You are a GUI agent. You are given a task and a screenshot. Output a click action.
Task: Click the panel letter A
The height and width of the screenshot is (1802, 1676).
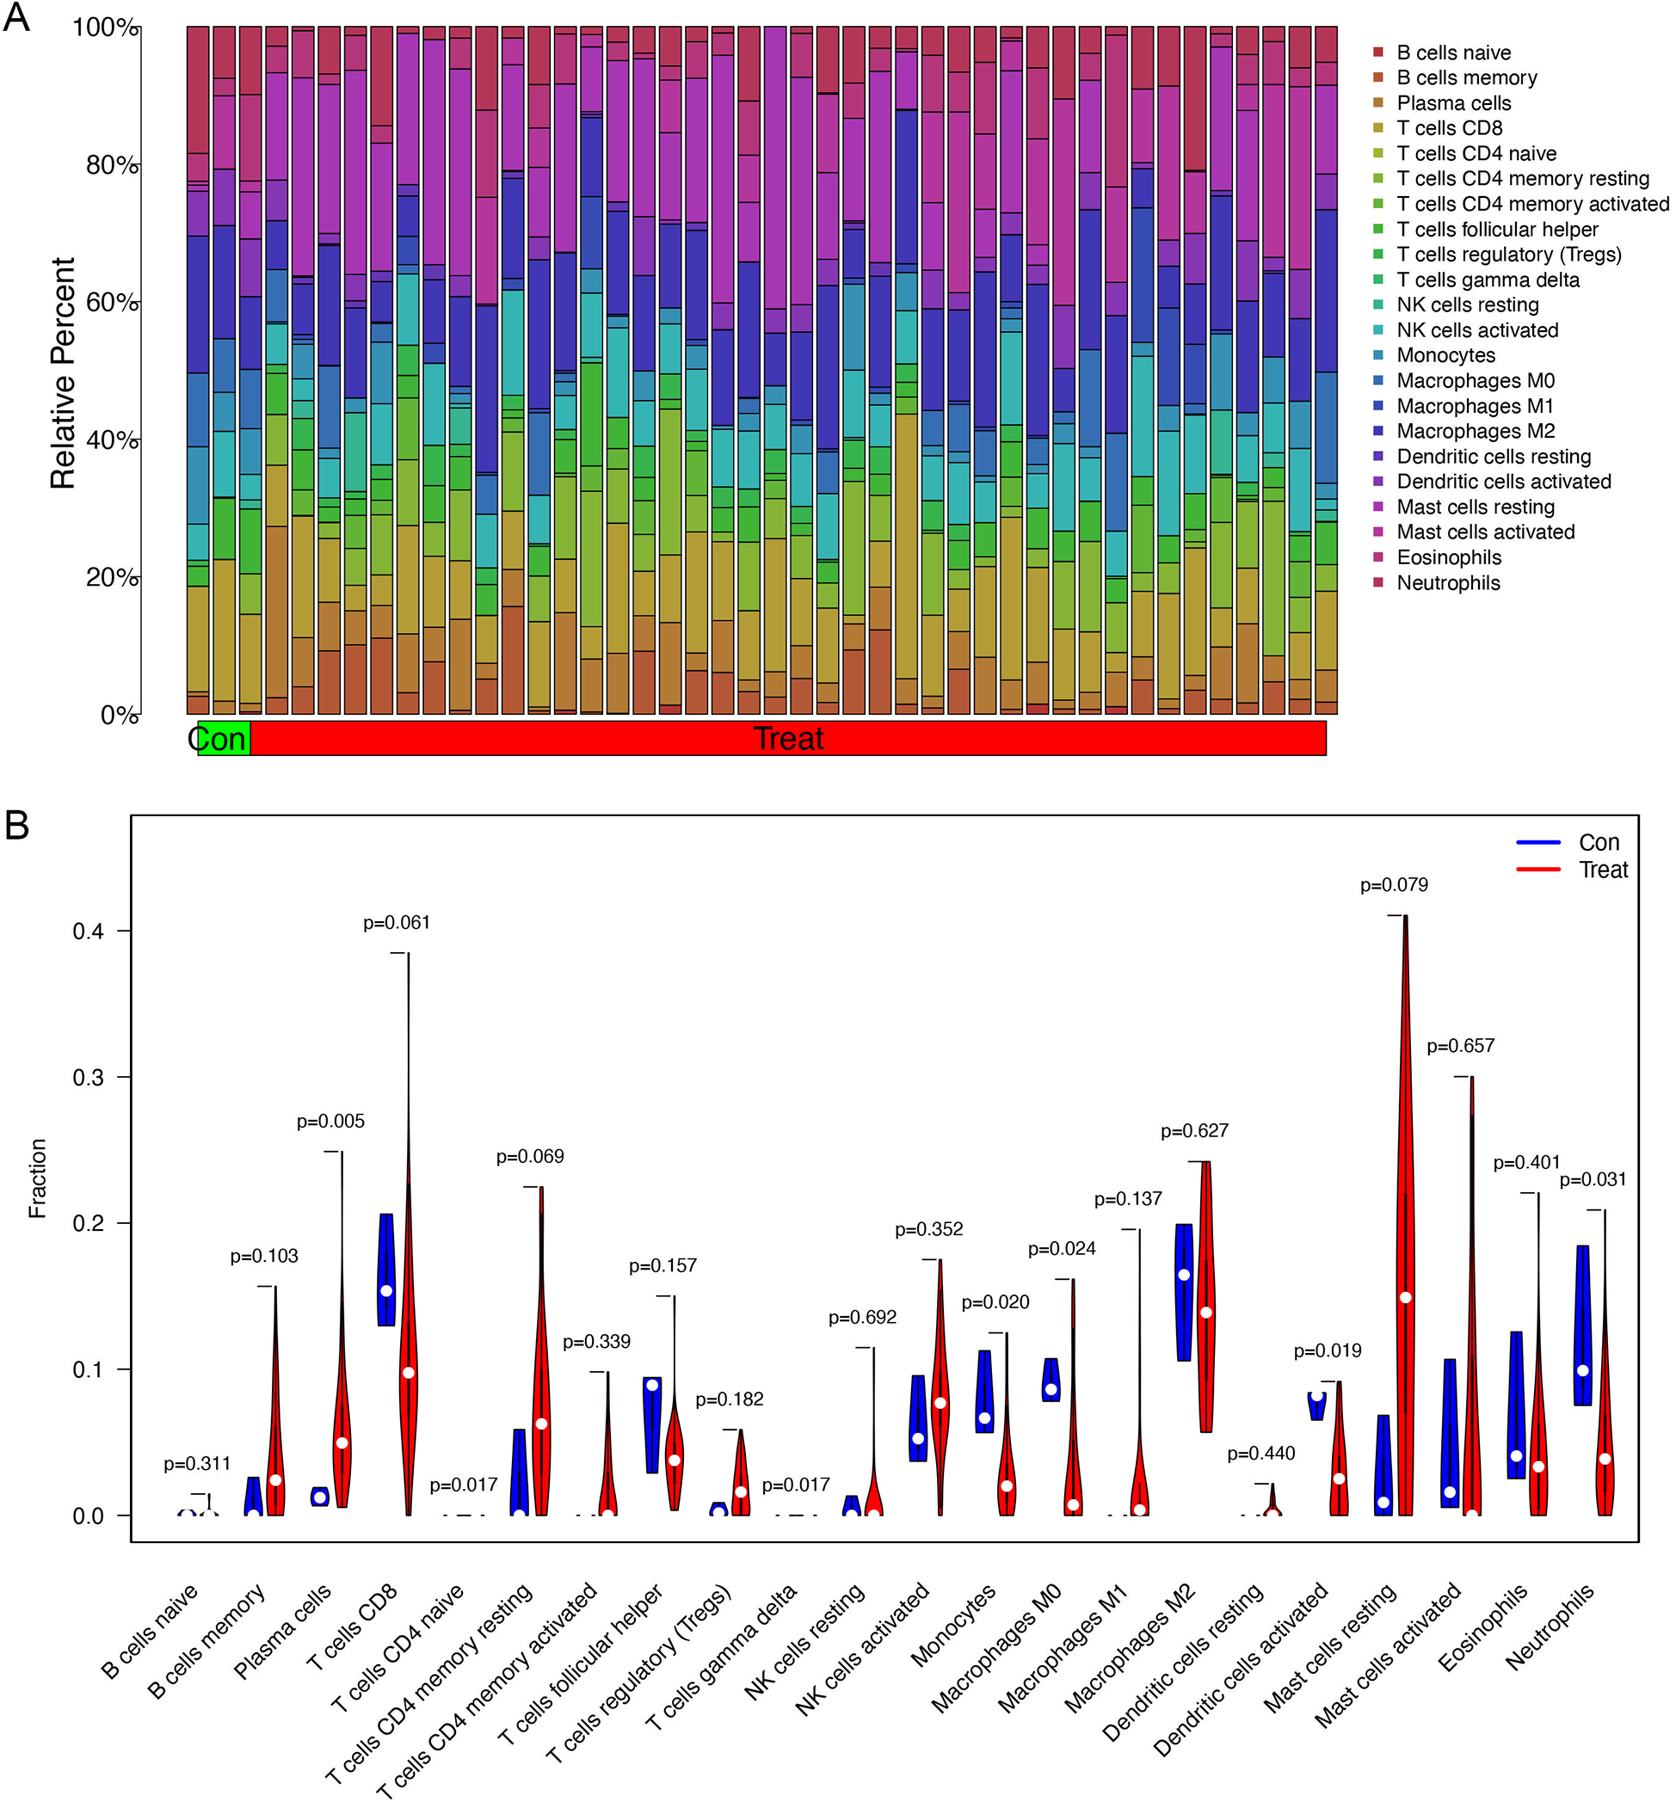click(16, 18)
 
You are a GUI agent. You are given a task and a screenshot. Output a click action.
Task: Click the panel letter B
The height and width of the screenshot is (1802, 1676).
click(16, 825)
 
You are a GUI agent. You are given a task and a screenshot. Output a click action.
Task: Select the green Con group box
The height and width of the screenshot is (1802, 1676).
click(223, 739)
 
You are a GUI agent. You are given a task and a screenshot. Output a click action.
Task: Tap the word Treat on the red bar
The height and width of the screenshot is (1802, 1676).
click(788, 739)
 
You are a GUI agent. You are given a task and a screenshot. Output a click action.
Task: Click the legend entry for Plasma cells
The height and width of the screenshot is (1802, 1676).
click(1453, 103)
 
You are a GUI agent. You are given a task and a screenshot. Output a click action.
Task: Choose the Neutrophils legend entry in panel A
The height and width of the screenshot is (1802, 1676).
click(1448, 583)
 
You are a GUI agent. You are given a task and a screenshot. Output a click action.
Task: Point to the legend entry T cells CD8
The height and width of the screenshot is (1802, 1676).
click(1449, 129)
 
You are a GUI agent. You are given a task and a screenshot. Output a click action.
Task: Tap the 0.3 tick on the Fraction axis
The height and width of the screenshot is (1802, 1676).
click(88, 1078)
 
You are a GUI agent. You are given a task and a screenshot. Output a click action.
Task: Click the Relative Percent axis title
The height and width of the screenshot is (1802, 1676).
click(63, 373)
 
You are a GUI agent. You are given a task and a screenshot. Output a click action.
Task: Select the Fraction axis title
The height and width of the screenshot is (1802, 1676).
click(37, 1178)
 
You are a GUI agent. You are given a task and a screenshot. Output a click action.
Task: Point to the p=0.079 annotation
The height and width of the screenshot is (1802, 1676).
click(1393, 886)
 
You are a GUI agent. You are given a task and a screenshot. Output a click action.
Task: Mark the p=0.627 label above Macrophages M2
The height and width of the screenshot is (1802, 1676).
click(1194, 1131)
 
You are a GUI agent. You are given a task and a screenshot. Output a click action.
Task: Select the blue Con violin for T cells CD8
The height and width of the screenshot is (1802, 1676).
click(386, 1269)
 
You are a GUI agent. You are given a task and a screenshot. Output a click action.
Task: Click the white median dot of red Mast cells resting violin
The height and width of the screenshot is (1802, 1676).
click(1405, 1298)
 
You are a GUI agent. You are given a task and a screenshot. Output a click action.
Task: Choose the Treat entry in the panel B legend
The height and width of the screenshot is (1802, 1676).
click(1603, 870)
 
